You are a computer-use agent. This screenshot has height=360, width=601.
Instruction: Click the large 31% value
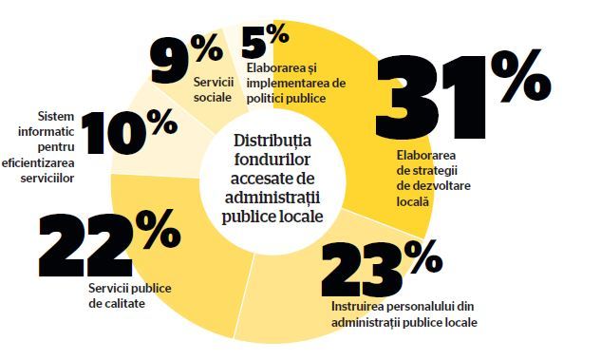click(x=463, y=94)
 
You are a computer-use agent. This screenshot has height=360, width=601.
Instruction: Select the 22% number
click(x=109, y=243)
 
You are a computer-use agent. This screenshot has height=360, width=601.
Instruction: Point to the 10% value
click(x=129, y=132)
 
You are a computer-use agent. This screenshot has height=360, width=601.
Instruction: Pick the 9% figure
click(x=187, y=59)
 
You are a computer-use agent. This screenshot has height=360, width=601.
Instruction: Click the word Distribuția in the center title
click(x=272, y=142)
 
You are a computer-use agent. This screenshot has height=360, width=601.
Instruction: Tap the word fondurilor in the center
click(x=272, y=160)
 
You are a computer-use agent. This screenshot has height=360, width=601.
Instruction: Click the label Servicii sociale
click(x=213, y=89)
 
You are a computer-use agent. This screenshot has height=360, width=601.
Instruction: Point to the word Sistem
click(x=56, y=116)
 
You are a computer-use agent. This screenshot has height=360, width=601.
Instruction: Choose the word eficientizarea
click(x=38, y=163)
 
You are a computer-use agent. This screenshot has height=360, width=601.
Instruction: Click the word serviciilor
click(x=47, y=179)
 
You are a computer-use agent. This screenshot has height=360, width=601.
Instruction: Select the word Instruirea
click(x=354, y=307)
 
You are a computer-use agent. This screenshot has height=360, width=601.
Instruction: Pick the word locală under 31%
click(x=412, y=201)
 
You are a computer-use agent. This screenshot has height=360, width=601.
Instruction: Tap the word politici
click(x=265, y=99)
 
